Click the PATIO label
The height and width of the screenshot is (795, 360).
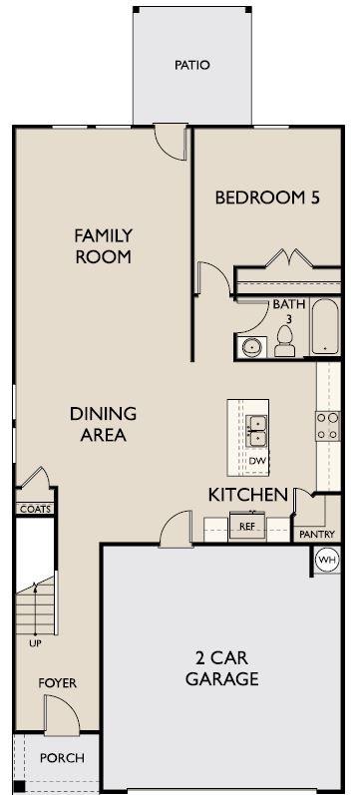point(192,66)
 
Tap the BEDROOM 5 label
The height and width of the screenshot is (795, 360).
point(267,198)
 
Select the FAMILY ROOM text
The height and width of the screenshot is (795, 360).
point(104,246)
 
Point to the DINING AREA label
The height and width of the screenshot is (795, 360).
point(104,424)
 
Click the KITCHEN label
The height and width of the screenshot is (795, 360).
point(248,495)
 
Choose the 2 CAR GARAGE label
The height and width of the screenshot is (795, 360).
point(222,668)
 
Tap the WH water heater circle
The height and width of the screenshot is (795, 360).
point(325,561)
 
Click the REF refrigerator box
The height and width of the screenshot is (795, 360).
point(247,527)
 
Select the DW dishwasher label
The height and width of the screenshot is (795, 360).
point(256,461)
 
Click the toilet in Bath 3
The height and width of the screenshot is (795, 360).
point(284,341)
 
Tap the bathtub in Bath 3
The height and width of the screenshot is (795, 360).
point(324,326)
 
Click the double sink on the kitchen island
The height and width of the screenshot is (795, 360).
point(257,431)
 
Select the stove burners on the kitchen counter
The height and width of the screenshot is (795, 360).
point(327,426)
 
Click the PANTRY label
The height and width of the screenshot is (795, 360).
point(317,534)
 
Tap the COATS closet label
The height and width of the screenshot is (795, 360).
point(36,509)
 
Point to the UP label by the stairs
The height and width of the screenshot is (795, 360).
point(35,643)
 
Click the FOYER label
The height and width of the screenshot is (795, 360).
point(57,683)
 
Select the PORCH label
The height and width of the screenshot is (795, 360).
point(62,758)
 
